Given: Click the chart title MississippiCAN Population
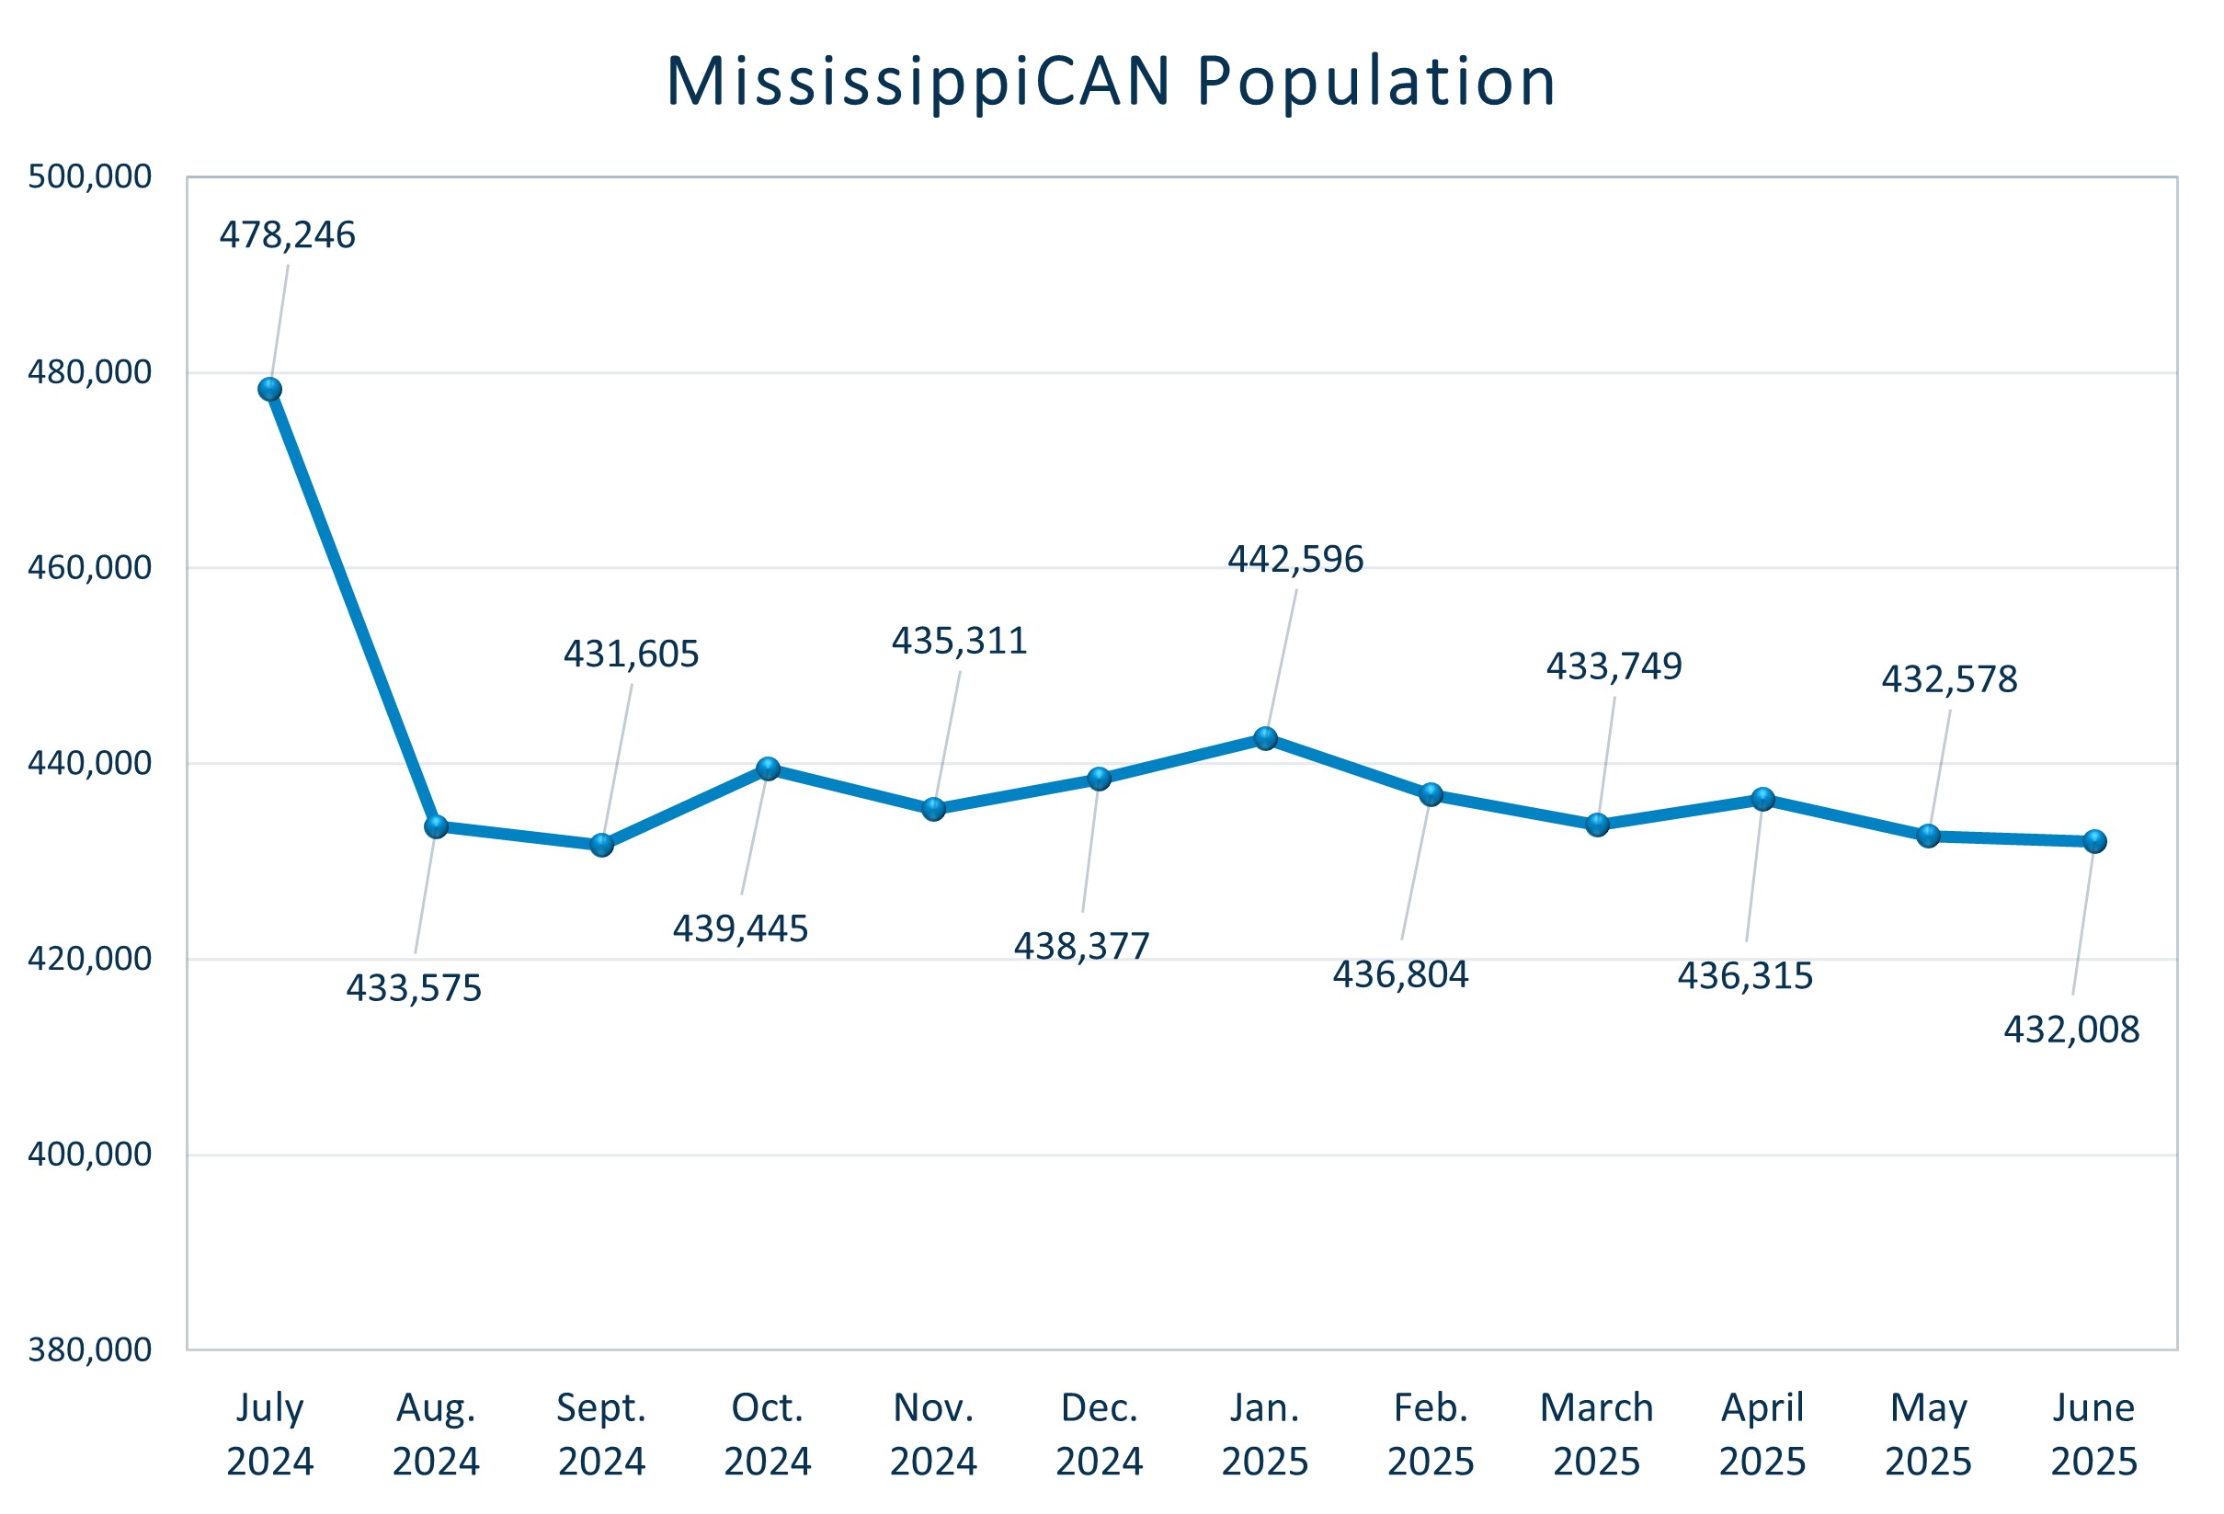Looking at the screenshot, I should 1110,81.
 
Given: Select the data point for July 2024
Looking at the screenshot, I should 270,390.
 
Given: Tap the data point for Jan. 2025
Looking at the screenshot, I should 1265,739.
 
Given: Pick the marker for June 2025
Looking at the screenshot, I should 2093,841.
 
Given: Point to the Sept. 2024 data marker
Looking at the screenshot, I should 602,845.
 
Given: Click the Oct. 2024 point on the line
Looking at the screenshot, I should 768,768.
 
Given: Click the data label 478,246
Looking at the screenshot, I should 287,235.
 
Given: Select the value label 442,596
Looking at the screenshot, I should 1294,560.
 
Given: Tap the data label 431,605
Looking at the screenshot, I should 631,655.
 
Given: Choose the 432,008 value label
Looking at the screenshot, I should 2070,1030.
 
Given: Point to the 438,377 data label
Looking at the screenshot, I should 1081,947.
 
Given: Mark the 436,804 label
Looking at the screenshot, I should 1400,974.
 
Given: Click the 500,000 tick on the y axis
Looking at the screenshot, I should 89,177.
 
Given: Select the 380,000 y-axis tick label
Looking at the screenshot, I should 89,1350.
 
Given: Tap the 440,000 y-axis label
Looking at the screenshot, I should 89,764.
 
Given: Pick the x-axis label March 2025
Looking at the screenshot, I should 1596,1435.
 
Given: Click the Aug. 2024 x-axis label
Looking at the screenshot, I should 436,1435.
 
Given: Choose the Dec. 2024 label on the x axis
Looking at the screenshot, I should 1099,1435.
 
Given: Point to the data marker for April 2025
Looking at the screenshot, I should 1762,799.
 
